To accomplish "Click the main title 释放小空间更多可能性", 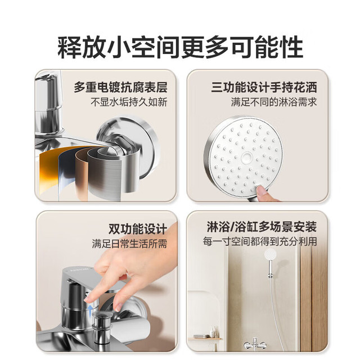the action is tap(180, 47).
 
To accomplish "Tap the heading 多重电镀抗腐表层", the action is tap(120, 87).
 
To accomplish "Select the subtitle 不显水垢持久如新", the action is tap(129, 102).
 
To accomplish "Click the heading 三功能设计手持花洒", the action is tap(264, 87).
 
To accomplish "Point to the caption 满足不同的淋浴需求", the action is tap(274, 102).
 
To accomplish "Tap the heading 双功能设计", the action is tap(138, 229).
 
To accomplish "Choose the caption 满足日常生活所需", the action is tap(129, 244).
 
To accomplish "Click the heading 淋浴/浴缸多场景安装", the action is tap(262, 227).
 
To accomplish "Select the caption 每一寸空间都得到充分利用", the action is tap(260, 241).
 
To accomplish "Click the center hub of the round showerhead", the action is tap(247, 157).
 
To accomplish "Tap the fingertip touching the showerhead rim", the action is tap(261, 190).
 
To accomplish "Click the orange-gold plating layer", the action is tap(49, 172).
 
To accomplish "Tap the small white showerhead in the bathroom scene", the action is tap(270, 254).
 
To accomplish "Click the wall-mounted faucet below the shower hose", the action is tap(255, 344).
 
